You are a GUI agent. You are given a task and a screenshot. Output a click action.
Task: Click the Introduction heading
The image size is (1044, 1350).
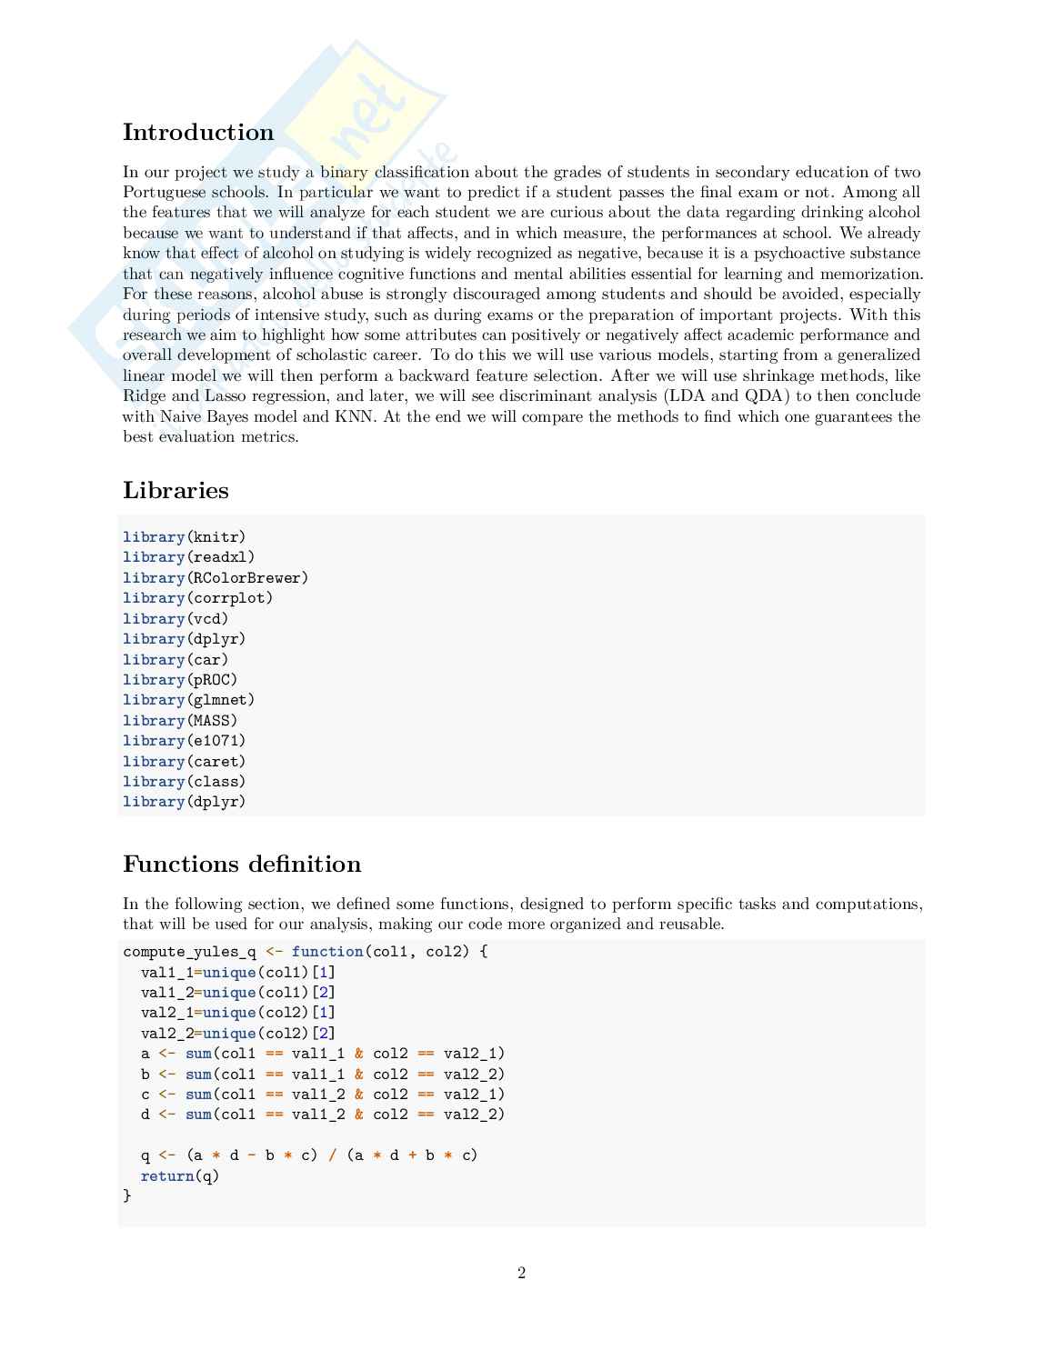(x=198, y=133)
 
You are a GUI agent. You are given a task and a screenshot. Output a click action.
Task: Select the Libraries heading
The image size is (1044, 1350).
(x=176, y=491)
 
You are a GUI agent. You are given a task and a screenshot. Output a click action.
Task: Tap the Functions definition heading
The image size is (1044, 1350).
(x=242, y=865)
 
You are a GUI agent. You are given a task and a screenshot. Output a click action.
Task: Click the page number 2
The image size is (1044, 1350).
(x=522, y=1273)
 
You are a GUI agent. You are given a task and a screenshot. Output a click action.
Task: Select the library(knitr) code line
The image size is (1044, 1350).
(x=185, y=537)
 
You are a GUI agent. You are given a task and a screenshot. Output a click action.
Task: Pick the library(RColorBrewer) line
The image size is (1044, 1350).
(x=216, y=578)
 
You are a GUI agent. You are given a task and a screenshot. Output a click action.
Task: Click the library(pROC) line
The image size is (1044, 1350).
(x=180, y=680)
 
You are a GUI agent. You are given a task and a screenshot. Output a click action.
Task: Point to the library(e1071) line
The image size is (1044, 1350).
(x=185, y=741)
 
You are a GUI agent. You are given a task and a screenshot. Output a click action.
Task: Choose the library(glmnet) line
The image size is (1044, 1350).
(x=189, y=700)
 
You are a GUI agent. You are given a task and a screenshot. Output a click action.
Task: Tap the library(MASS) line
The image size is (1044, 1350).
(x=180, y=721)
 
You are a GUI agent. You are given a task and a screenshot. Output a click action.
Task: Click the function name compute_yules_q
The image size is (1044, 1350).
(x=189, y=952)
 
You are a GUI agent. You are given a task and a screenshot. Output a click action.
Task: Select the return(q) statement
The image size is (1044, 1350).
(x=180, y=1176)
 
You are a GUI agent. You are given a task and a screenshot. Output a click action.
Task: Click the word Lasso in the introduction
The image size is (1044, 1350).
(x=225, y=396)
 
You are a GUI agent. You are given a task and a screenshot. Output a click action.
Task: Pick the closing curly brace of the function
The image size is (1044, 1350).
(x=127, y=1196)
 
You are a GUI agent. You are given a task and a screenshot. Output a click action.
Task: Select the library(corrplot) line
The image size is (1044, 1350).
(x=198, y=598)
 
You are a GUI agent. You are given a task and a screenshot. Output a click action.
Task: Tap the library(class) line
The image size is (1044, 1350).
(x=185, y=782)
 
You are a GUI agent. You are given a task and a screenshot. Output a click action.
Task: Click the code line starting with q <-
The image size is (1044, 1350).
(x=309, y=1155)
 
